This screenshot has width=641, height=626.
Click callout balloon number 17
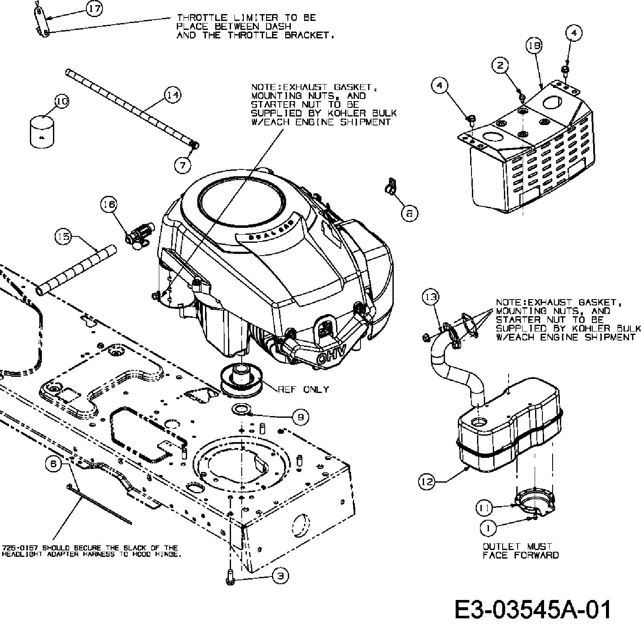pos(94,9)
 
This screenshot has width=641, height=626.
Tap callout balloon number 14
pos(173,95)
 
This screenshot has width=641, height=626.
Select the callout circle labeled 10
pos(62,102)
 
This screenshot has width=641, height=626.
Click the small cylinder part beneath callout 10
pos(42,131)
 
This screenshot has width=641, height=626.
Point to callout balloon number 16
pos(108,205)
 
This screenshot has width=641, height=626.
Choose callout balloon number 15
pos(64,237)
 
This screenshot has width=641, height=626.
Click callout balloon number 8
pos(410,213)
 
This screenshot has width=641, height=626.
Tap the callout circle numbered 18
pos(534,46)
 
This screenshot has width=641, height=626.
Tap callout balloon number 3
pos(280,576)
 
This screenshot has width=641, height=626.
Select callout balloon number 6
pos(53,464)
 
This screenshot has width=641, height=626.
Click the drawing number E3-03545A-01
pos(533,609)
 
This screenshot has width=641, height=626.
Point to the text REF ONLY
pos(304,389)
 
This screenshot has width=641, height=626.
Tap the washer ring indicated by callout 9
pos(242,409)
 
